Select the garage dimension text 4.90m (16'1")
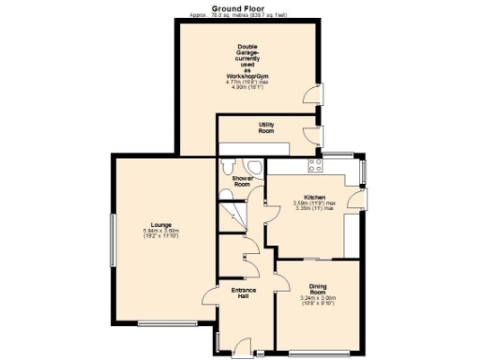[247, 88]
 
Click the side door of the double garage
[314, 96]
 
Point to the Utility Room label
[266, 127]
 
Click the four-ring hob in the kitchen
[315, 165]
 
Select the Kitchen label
[314, 197]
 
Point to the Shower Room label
[242, 181]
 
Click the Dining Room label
[318, 288]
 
